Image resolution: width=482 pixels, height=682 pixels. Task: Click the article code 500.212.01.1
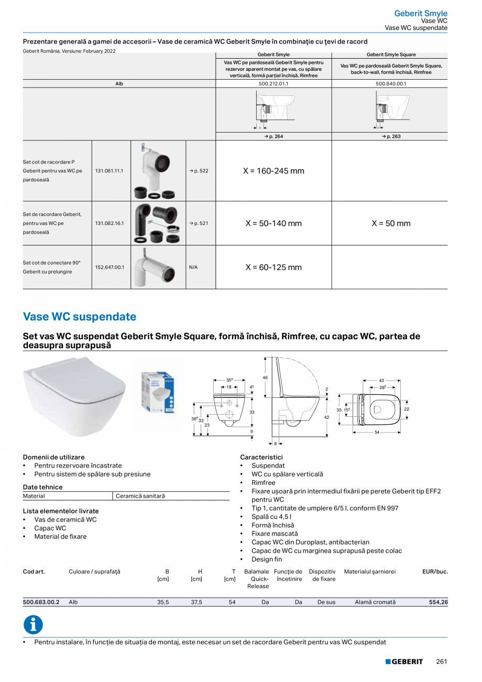pos(273,83)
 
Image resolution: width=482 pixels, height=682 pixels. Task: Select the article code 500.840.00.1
pos(390,83)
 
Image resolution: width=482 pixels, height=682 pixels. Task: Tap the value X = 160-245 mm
pos(273,171)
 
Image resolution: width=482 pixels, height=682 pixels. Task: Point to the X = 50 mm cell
pos(391,223)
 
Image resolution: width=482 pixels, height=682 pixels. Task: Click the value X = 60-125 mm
pos(273,267)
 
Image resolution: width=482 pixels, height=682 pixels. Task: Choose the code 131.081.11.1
pos(109,171)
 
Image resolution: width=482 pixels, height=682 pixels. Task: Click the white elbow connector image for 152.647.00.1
pos(158,267)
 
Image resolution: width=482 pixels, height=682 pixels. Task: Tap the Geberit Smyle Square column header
pos(390,55)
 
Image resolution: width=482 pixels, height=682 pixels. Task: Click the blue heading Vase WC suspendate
pos(80,317)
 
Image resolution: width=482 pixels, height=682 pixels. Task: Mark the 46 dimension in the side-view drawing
pos(265,377)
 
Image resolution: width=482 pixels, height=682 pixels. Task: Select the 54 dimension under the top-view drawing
pos(376,432)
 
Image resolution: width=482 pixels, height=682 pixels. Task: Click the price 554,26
pos(438,602)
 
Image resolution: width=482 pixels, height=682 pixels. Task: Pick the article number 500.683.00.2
pos(41,602)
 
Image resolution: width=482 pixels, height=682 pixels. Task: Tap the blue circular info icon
pos(33,625)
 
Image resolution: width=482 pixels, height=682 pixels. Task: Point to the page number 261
pos(441,662)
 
